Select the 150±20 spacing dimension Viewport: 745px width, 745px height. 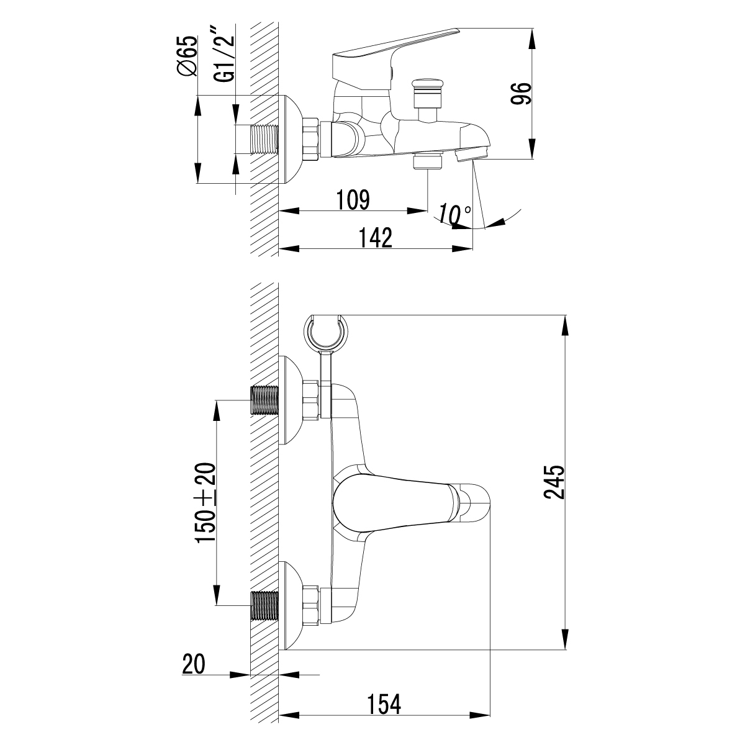(205, 503)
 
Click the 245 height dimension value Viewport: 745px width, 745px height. (554, 482)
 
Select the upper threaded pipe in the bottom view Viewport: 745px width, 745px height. (264, 400)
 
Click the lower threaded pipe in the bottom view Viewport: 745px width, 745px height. (264, 606)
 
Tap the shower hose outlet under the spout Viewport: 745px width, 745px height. (428, 162)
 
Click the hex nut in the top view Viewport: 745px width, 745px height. (311, 140)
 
